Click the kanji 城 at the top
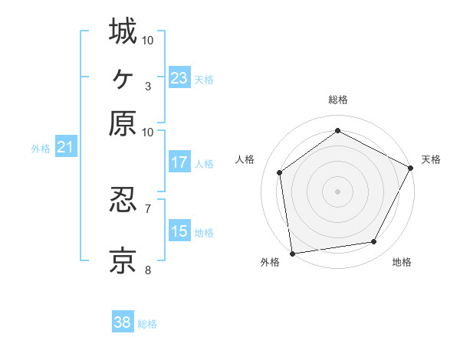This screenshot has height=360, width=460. point(123,31)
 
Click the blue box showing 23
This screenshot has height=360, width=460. point(179,78)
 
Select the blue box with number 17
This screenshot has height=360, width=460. point(179,162)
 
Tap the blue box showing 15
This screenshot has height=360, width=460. point(179,231)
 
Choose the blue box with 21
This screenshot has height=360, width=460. point(65,147)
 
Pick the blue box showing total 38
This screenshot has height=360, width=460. point(123,322)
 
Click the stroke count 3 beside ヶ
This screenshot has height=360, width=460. point(148,86)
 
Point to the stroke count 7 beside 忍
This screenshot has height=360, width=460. point(148,208)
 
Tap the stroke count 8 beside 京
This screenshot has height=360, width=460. point(148,270)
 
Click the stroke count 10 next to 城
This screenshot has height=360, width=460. point(148,40)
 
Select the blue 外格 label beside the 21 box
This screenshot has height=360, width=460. point(41,149)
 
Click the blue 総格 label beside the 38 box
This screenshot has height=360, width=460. point(147,324)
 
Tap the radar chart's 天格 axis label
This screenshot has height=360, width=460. point(431,159)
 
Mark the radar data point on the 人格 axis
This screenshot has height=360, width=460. point(280,172)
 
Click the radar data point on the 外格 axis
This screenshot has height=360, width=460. point(292,253)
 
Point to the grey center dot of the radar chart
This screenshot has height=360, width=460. point(337,191)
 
